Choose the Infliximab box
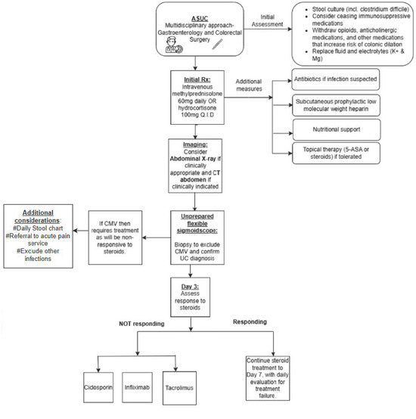tap(152, 374)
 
